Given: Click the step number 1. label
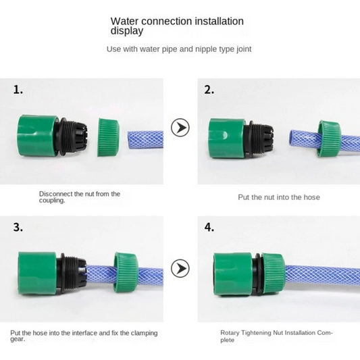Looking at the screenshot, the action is click(18, 90).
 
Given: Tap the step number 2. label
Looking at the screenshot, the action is click(209, 90).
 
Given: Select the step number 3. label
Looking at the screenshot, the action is click(18, 228).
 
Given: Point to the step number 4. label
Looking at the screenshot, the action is click(209, 228).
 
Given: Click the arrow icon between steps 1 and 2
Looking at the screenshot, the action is click(180, 128).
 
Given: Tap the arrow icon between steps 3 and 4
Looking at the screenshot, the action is click(180, 268).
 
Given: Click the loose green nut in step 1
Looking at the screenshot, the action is click(109, 138).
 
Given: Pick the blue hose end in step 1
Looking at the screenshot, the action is click(145, 140).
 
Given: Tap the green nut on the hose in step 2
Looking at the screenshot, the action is click(330, 138).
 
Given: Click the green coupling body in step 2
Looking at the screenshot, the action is click(228, 138).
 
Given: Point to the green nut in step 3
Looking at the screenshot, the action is click(126, 272).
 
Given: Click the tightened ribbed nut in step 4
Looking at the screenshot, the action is click(274, 274).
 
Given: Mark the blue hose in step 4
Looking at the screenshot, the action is click(322, 276).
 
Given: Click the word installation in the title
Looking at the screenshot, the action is click(220, 21).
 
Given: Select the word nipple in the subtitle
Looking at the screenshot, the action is click(206, 49).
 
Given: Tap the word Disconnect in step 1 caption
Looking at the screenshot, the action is click(56, 194).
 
